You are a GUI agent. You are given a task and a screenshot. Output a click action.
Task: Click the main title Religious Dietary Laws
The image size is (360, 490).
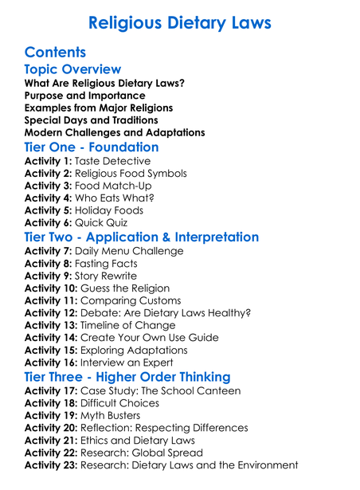180,22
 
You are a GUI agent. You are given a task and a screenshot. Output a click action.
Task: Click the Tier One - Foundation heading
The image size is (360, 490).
92,147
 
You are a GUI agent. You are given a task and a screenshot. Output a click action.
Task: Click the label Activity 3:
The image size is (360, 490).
49,186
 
